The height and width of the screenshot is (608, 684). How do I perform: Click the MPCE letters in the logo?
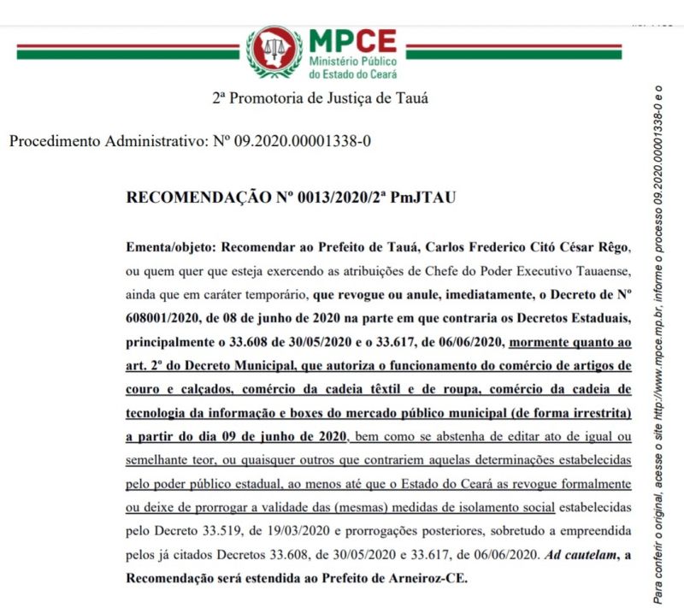click(x=352, y=40)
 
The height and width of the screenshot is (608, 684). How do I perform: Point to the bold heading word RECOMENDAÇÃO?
click(x=198, y=198)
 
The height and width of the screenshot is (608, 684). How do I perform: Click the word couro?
click(x=144, y=389)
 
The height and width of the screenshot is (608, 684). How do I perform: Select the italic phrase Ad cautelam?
click(x=580, y=554)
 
